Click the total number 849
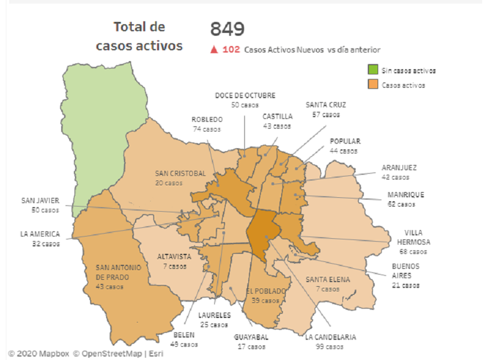[227, 29]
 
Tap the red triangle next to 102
[214, 50]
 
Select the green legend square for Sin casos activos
[373, 70]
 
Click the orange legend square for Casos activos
[373, 85]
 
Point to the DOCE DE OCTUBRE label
[245, 95]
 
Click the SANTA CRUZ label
[326, 105]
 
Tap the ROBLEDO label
[207, 120]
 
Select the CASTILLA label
[277, 117]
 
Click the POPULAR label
[345, 141]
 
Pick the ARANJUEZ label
[399, 168]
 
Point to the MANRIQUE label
[406, 194]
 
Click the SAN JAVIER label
[40, 201]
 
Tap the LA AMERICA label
[40, 234]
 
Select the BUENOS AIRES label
[406, 271]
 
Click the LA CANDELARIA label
[330, 337]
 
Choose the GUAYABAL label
[251, 337]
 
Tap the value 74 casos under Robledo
[207, 129]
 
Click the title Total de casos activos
[139, 36]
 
